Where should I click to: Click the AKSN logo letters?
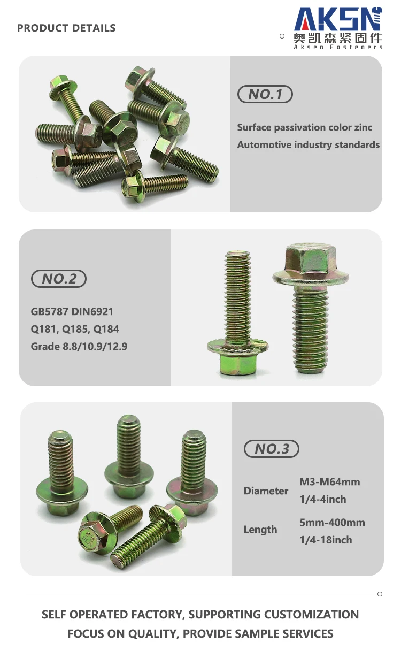[338, 19]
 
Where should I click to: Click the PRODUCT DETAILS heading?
[66, 28]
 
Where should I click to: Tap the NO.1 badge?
[265, 94]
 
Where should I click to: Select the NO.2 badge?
[59, 279]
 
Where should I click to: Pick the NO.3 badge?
[272, 449]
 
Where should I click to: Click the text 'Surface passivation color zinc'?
[305, 127]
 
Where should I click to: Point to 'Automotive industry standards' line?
[309, 145]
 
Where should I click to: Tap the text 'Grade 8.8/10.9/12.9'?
[79, 347]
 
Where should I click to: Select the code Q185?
[75, 329]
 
